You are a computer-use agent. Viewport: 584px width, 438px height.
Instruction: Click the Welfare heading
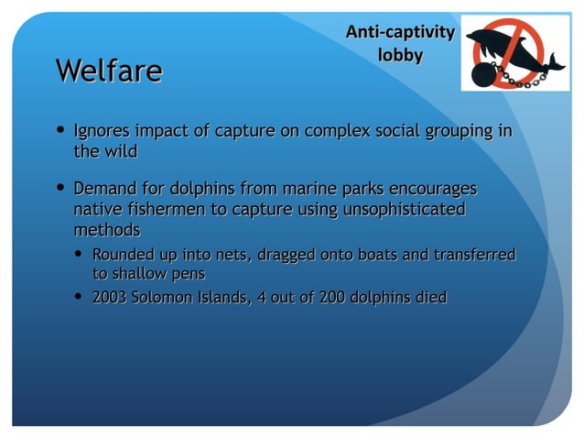(109, 71)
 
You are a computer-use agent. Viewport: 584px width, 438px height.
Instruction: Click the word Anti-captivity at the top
(399, 33)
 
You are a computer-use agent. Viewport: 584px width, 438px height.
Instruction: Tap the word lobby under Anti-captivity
(400, 55)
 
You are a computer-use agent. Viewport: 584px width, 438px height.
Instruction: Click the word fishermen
(161, 210)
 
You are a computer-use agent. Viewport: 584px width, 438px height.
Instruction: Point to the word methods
(106, 229)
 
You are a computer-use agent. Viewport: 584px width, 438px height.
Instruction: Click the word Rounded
(123, 254)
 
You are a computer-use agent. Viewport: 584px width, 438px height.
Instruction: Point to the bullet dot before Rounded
(81, 253)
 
